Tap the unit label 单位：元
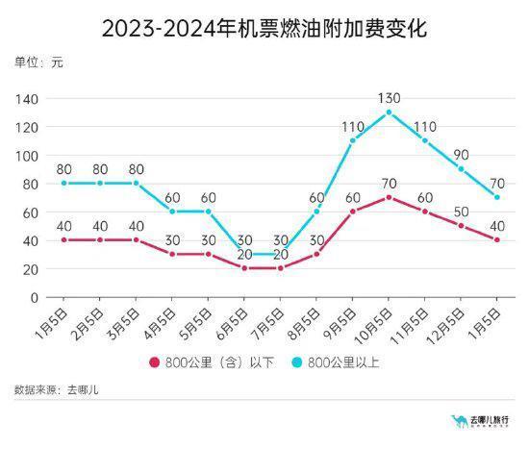pos(39,62)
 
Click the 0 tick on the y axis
pos(33,297)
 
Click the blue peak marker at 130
pos(389,112)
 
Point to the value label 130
pos(389,97)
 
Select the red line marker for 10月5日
pos(389,197)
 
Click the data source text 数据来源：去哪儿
pos(57,389)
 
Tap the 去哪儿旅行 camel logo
pos(459,420)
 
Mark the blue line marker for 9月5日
pos(352,140)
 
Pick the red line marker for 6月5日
pos(244,268)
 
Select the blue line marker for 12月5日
pos(461,169)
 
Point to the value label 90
pos(461,155)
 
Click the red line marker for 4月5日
pos(172,254)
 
